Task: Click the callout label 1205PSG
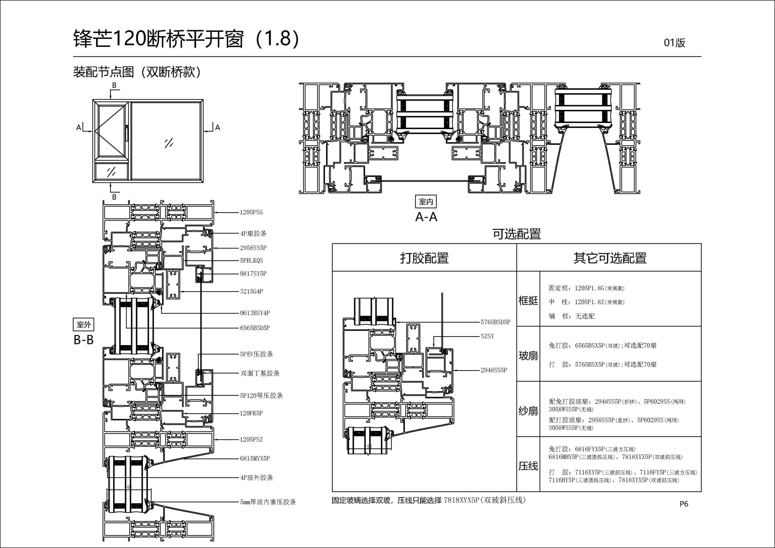tap(251, 212)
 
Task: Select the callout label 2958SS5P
tap(253, 248)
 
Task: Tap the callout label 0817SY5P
tap(253, 274)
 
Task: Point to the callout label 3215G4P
tap(251, 291)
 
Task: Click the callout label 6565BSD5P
tap(255, 328)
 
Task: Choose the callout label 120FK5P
tap(251, 413)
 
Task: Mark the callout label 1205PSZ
tap(251, 439)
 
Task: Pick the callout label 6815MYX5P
tap(255, 458)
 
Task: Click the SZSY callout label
tap(487, 336)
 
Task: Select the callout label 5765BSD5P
tap(495, 322)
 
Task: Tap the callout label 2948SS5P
tap(494, 370)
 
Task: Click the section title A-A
tap(426, 217)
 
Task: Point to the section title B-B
tap(84, 340)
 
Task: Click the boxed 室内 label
tap(426, 201)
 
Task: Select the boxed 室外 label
tap(84, 324)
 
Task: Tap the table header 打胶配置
tap(424, 258)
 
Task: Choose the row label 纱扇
tap(528, 411)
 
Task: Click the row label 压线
tap(528, 466)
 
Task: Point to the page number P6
tap(684, 504)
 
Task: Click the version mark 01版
tap(674, 43)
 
